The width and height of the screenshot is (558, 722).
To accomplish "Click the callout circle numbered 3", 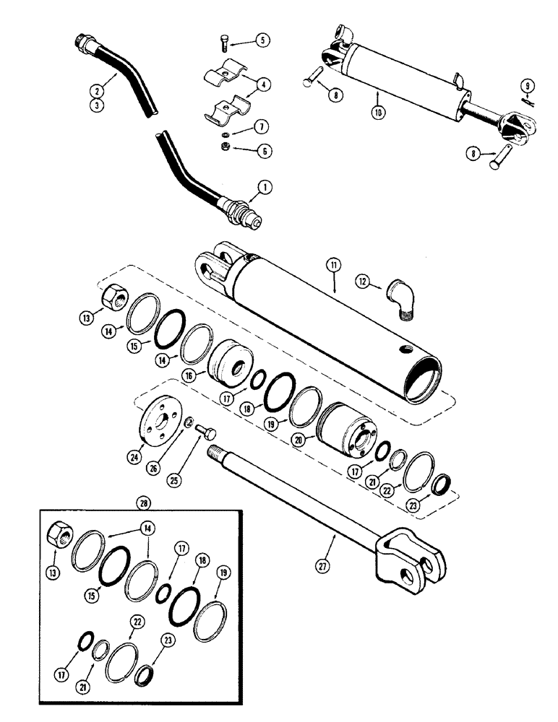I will [x=97, y=105].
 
